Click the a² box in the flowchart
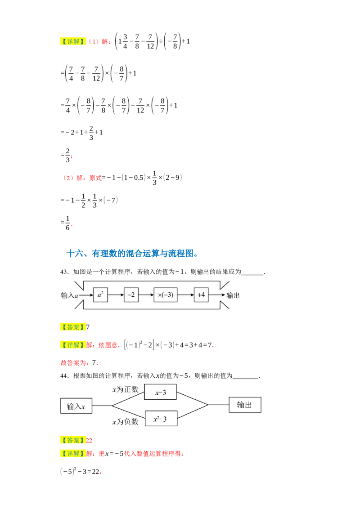100,295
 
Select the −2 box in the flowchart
131,295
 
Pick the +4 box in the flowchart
201,295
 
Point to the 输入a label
70,295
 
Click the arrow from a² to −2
116,295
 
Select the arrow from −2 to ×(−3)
146,295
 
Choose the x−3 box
160,392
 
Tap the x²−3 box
160,419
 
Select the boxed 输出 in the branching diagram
244,405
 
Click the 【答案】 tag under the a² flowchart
72,327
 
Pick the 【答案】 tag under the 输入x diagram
72,440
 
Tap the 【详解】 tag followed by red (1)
72,41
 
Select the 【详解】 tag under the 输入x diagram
72,454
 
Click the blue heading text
131,254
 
